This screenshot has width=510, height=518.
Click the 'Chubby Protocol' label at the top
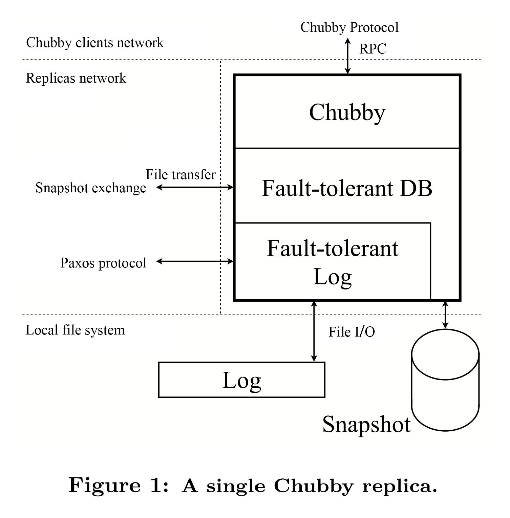pos(349,27)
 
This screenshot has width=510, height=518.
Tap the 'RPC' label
pos(373,49)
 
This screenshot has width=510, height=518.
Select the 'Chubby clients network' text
pos(95,43)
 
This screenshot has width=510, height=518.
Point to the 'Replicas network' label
pos(76,78)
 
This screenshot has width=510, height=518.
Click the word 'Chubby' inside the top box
pos(347,112)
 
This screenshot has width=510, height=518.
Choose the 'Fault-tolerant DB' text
pos(347,188)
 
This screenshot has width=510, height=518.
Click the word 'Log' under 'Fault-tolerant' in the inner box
pos(332,277)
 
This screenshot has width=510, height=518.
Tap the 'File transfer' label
pos(180,175)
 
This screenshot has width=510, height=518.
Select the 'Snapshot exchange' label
pos(91,188)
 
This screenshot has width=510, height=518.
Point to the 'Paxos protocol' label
pos(103,263)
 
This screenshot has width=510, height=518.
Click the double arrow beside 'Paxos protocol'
pos(195,261)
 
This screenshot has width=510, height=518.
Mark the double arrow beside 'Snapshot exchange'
pos(195,187)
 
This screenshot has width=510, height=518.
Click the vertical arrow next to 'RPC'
pos(347,56)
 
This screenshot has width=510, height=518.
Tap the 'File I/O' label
pos(352,332)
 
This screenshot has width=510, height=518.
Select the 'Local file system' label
pos(75,330)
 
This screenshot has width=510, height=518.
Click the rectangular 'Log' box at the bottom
pos(241,380)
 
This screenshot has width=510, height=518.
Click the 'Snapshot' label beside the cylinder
pos(366,424)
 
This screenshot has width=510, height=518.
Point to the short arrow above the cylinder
pos(445,315)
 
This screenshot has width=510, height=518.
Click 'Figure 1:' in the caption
pos(118,485)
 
